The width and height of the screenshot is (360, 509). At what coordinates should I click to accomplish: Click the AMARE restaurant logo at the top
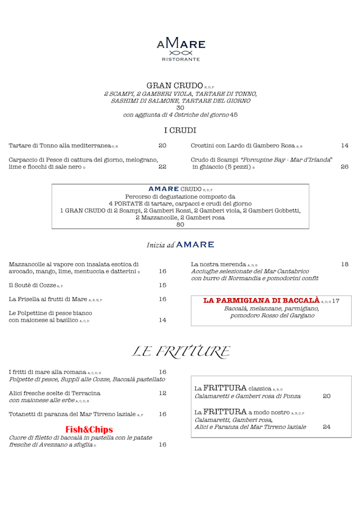point(181,45)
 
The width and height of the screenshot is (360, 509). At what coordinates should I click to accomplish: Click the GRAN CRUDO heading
point(171,85)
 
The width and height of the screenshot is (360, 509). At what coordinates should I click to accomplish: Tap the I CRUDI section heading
point(180,130)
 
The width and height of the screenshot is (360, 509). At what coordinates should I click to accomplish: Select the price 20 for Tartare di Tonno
point(162,146)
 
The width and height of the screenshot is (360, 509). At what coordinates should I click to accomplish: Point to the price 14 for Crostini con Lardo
point(344,146)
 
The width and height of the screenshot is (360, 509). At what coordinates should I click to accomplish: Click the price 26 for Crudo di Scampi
point(344,166)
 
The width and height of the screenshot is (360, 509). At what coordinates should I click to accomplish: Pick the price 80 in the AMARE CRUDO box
point(180,224)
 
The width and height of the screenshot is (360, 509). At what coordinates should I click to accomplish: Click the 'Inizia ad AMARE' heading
point(180,245)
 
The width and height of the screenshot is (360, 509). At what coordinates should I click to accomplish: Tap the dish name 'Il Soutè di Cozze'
point(33,285)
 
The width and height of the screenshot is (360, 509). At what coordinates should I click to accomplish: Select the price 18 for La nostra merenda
point(344,264)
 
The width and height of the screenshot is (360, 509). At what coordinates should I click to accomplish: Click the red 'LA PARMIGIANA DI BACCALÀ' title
point(261,300)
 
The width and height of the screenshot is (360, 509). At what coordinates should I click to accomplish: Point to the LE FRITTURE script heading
point(180,352)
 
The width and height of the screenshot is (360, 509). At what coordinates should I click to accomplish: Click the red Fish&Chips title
point(89,429)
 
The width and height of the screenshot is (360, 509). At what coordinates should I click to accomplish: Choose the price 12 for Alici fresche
point(162,393)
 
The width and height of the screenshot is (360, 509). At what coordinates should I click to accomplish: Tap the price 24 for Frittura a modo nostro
point(327,427)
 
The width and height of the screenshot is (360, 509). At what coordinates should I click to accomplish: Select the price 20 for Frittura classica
point(327,396)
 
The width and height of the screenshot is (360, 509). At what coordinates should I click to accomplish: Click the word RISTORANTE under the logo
point(181,59)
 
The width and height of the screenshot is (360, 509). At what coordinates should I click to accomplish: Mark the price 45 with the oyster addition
point(233,115)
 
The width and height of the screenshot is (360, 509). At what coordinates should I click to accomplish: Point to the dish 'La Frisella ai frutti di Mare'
point(48,299)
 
